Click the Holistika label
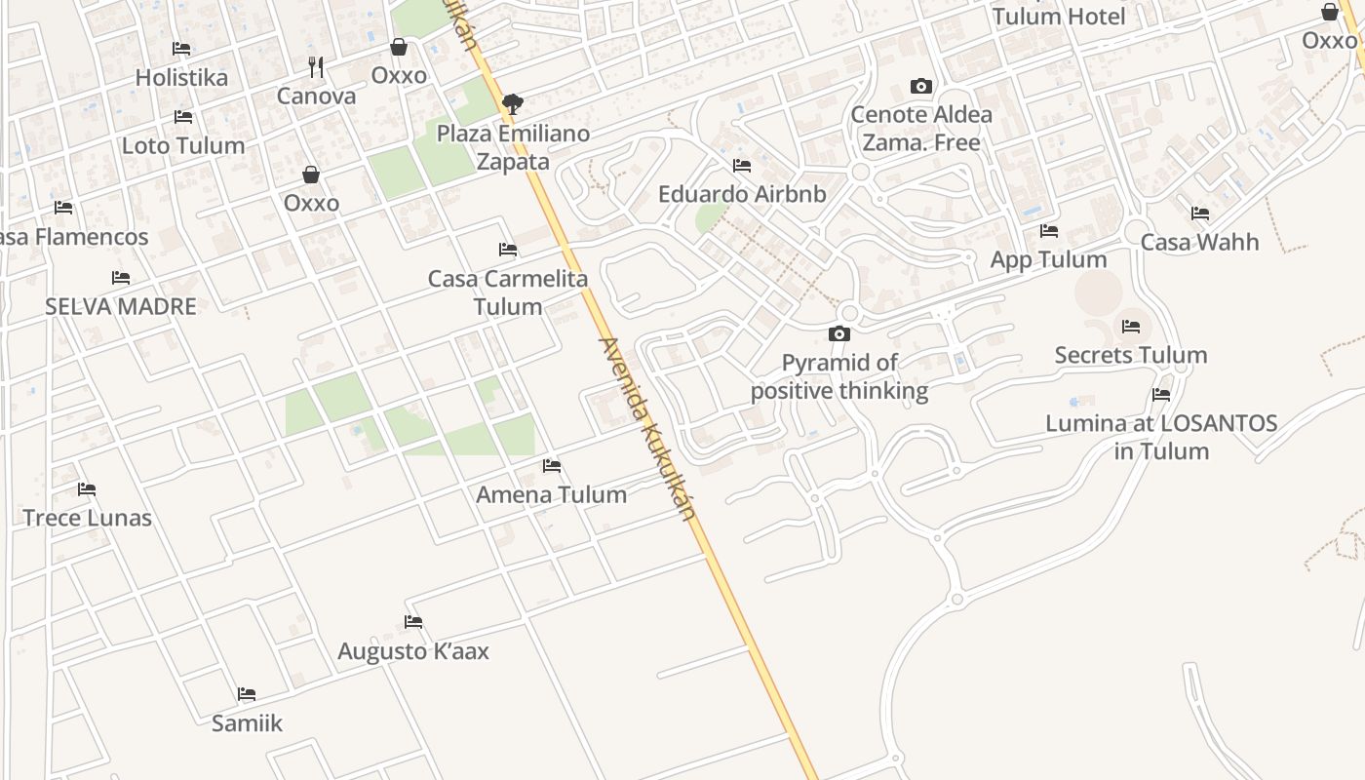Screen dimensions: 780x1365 pyautogui.click(x=181, y=77)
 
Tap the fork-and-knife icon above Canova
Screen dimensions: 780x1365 pyautogui.click(x=316, y=67)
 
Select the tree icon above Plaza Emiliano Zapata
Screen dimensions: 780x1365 pyautogui.click(x=512, y=104)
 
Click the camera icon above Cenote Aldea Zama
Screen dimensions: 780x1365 pyautogui.click(x=920, y=86)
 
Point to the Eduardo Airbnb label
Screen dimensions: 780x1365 pyautogui.click(x=742, y=194)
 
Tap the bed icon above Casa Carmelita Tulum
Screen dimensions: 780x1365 pyautogui.click(x=507, y=250)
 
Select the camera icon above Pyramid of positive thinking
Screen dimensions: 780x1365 pyautogui.click(x=838, y=333)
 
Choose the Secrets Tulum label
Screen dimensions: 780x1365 pyautogui.click(x=1131, y=355)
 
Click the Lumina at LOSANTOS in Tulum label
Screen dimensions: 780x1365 pyautogui.click(x=1161, y=437)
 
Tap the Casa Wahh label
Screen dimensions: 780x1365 pyautogui.click(x=1199, y=242)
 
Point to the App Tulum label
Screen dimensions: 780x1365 pyautogui.click(x=1048, y=259)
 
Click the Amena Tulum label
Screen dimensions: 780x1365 pyautogui.click(x=551, y=494)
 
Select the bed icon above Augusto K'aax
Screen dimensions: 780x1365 pyautogui.click(x=413, y=622)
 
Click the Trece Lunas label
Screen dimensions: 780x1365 pyautogui.click(x=87, y=517)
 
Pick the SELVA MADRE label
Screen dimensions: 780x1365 pyautogui.click(x=121, y=306)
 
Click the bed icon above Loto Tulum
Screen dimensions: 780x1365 pyautogui.click(x=183, y=117)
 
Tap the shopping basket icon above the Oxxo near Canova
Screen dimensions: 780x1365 pyautogui.click(x=399, y=47)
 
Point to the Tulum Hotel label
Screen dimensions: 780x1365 pyautogui.click(x=1059, y=16)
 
